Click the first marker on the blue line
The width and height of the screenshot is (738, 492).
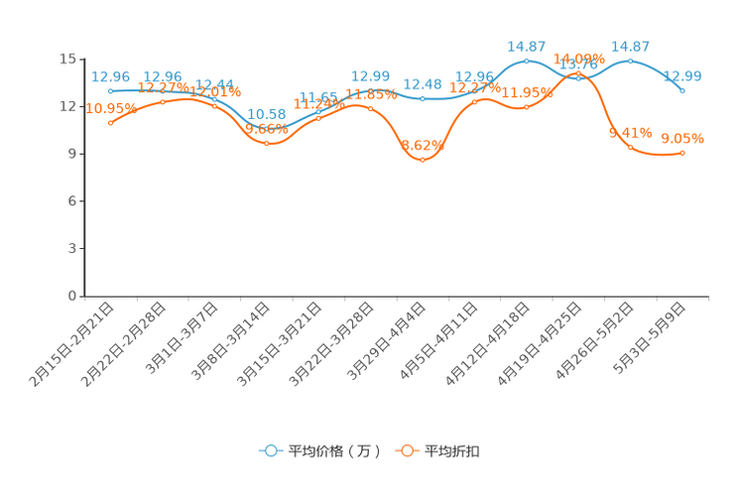tap(110, 90)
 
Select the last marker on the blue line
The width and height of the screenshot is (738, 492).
tap(682, 91)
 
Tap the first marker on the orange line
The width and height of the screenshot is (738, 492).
tap(110, 122)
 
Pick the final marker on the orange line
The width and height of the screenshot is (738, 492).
tap(683, 153)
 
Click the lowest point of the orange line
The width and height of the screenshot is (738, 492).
tap(423, 160)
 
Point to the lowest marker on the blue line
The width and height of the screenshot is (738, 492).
tap(266, 130)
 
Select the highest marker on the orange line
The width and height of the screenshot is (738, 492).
tap(578, 72)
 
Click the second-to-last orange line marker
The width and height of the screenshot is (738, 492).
tap(630, 147)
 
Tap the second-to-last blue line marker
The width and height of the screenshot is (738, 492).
tap(630, 61)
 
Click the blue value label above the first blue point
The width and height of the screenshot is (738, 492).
tap(110, 75)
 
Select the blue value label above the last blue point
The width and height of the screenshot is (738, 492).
tap(683, 75)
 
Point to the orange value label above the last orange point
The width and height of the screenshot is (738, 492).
tap(682, 138)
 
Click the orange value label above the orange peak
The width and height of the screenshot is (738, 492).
tap(578, 58)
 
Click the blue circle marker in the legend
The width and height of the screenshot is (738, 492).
tap(270, 450)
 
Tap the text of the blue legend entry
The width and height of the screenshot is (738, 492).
tap(332, 451)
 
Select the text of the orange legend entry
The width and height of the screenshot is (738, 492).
tap(453, 451)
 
